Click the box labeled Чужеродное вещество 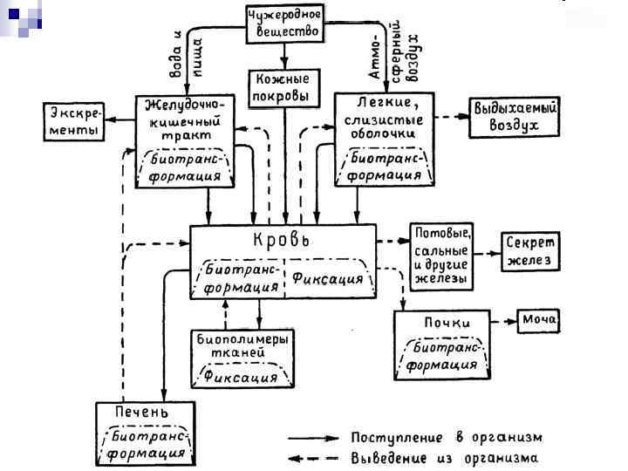(284, 24)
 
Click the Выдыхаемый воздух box (515, 117)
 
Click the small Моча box (539, 321)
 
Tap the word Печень (142, 412)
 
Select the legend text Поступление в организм (447, 437)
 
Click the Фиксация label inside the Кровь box (327, 279)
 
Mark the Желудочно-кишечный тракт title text (185, 121)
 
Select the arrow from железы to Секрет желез (487, 253)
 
